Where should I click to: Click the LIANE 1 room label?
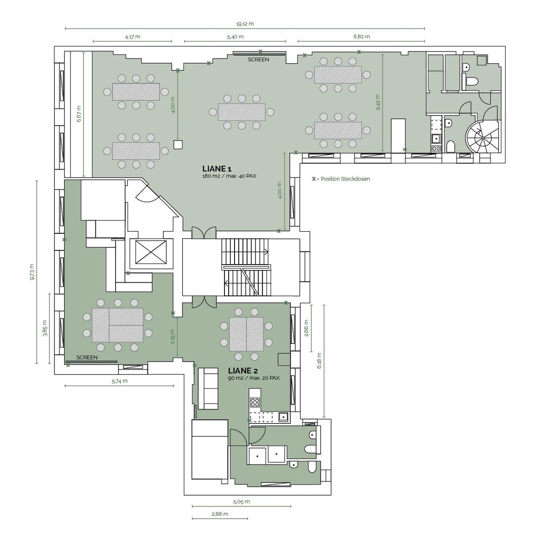(x=216, y=169)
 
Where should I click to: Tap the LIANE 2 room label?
(x=243, y=370)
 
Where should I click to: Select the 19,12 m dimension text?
(x=245, y=24)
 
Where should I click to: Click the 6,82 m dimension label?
(x=362, y=37)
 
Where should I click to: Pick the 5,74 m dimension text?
(x=120, y=381)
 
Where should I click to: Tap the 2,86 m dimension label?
(x=220, y=514)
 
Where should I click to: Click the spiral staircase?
(x=483, y=137)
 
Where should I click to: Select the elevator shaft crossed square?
(x=151, y=252)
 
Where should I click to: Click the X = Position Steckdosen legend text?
(x=341, y=179)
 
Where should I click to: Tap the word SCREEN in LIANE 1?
(x=258, y=59)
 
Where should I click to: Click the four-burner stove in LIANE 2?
(x=255, y=402)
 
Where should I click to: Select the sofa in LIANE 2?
(x=208, y=389)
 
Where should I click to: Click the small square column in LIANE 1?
(x=178, y=144)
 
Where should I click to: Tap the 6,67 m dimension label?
(x=79, y=113)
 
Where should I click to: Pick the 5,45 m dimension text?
(x=378, y=102)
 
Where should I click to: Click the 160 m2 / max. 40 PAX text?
(x=229, y=176)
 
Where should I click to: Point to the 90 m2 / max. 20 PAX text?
(x=254, y=378)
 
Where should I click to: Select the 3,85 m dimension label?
(x=45, y=328)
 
